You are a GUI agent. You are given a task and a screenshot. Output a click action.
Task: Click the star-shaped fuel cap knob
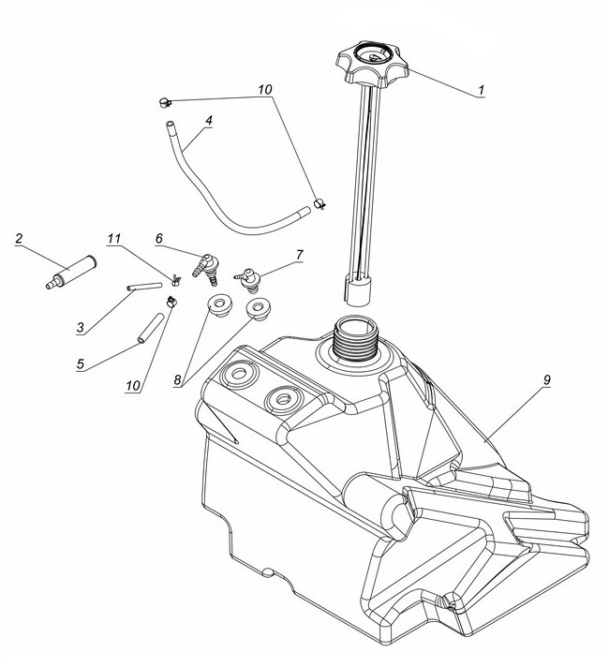[372, 64]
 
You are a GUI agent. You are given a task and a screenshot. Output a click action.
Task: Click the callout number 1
[481, 90]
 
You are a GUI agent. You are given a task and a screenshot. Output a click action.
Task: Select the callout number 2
[19, 238]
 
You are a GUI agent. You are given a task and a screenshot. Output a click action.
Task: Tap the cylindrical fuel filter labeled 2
[71, 272]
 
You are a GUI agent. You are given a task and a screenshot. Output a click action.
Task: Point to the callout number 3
[81, 328]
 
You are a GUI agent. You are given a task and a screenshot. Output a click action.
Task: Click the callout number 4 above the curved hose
[208, 121]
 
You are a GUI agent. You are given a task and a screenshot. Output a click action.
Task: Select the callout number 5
[81, 364]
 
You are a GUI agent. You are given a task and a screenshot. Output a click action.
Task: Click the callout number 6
[158, 239]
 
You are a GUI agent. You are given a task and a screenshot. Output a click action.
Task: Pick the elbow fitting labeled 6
[205, 270]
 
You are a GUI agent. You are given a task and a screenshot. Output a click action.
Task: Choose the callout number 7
[300, 255]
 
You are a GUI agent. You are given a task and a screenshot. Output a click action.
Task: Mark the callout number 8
[177, 379]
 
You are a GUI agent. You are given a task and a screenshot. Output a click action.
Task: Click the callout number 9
[547, 379]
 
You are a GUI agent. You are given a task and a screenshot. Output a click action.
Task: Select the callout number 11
[114, 239]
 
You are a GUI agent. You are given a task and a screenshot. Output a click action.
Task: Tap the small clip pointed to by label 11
[176, 280]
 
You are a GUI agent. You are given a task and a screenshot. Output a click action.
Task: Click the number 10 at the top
[265, 89]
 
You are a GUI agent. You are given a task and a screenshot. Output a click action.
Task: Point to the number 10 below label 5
[133, 385]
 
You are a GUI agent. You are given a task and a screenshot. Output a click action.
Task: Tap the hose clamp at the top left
[165, 102]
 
